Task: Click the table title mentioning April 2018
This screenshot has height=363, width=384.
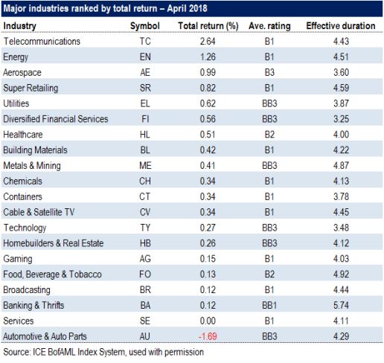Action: pyautogui.click(x=105, y=9)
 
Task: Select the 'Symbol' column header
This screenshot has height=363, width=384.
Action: pyautogui.click(x=145, y=26)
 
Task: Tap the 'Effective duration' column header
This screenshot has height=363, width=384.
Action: pyautogui.click(x=341, y=26)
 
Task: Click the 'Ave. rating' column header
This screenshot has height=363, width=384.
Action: pyautogui.click(x=269, y=26)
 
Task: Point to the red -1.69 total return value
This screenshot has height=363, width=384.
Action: pyautogui.click(x=208, y=336)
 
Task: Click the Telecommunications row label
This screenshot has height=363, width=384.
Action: pyautogui.click(x=42, y=42)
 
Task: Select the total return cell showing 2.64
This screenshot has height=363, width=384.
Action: pyautogui.click(x=208, y=42)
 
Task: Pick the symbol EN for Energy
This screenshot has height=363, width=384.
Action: pyautogui.click(x=145, y=57)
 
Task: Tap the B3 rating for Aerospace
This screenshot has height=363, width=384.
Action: pyautogui.click(x=269, y=72)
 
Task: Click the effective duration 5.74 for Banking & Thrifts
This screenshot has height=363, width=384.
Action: pyautogui.click(x=341, y=305)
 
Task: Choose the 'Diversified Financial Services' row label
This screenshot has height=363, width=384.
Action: pyautogui.click(x=56, y=119)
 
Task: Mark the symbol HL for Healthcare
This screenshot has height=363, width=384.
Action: pyautogui.click(x=145, y=135)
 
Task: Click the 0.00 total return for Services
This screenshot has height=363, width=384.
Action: pyautogui.click(x=208, y=321)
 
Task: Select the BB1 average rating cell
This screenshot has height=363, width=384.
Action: pyautogui.click(x=269, y=305)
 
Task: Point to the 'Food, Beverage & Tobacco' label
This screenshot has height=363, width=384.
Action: pyautogui.click(x=52, y=274)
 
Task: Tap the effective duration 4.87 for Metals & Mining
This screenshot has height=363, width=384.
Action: pyautogui.click(x=341, y=166)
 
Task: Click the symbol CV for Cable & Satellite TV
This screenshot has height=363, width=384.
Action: pyautogui.click(x=145, y=212)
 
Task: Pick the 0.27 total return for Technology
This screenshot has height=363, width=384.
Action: pyautogui.click(x=208, y=228)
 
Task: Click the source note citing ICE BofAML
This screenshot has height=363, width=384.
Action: pyautogui.click(x=103, y=353)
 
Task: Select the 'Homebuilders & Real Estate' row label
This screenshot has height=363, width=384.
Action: pyautogui.click(x=54, y=243)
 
